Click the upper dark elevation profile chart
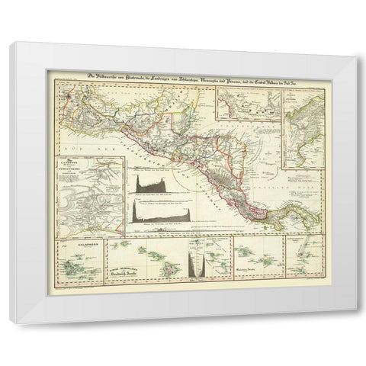click(152, 184)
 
